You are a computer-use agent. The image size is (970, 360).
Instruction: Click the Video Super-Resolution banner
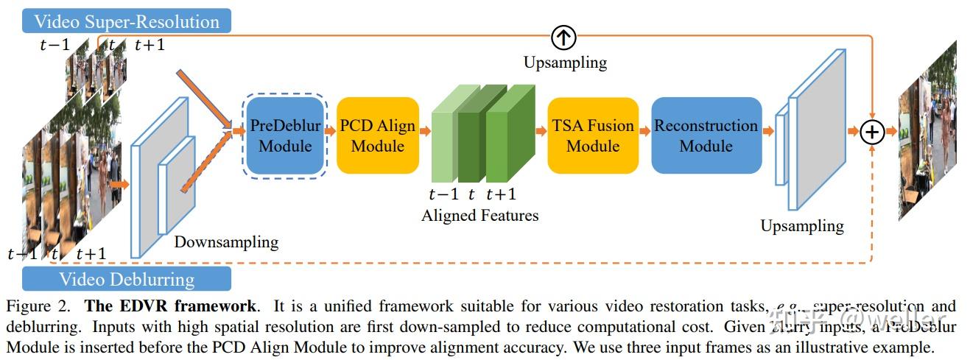(x=127, y=21)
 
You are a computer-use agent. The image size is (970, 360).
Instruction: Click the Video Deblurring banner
(x=127, y=279)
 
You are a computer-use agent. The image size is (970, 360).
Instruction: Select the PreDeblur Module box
(x=285, y=135)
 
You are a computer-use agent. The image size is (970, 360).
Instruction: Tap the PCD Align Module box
(x=377, y=135)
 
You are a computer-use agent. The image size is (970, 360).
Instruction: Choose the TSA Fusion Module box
(x=593, y=135)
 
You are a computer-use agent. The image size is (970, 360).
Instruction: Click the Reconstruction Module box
(x=706, y=135)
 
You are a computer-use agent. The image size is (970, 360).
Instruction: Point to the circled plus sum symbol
(x=872, y=132)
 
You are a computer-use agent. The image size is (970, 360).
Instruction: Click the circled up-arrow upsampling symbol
(x=563, y=37)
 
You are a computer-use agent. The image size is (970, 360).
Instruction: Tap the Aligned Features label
(x=479, y=216)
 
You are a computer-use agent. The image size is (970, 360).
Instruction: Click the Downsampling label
(x=226, y=241)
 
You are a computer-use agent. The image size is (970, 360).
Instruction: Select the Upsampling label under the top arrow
(x=565, y=63)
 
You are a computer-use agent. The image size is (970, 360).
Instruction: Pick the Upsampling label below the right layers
(x=802, y=225)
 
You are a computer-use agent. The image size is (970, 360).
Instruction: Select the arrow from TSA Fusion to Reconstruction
(x=644, y=132)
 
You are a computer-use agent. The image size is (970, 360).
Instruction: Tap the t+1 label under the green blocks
(x=501, y=194)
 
